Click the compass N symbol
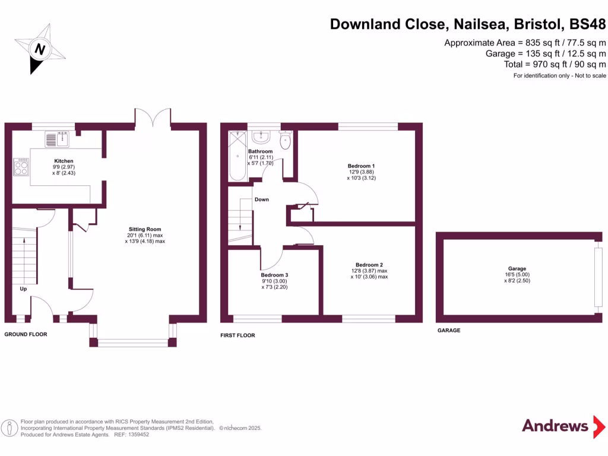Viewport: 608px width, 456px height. (40, 49)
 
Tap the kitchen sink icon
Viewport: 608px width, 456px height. (58, 140)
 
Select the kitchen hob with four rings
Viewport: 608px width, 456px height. (21, 166)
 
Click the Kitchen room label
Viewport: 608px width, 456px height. (64, 161)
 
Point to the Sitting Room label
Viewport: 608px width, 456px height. (145, 229)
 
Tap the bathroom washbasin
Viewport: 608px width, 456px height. (261, 137)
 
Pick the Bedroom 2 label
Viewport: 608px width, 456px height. (369, 265)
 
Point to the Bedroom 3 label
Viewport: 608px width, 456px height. (274, 275)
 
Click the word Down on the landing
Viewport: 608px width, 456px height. (262, 199)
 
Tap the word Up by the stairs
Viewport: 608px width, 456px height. (23, 289)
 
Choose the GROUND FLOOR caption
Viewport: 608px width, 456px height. (26, 334)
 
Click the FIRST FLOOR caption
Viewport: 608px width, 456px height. (237, 335)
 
